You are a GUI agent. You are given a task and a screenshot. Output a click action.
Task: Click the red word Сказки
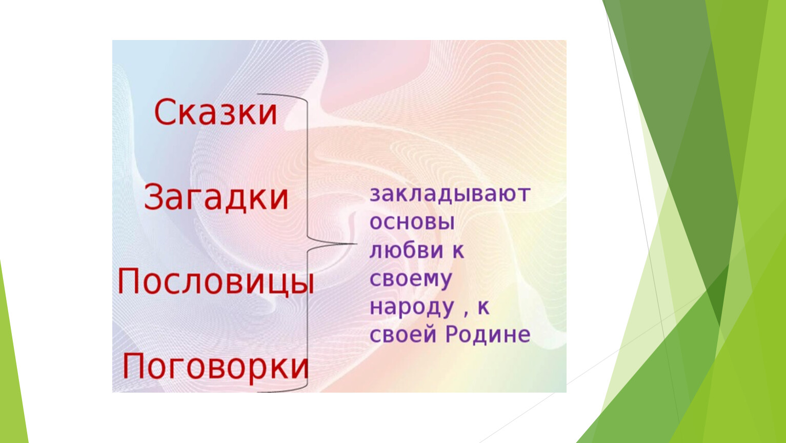216,112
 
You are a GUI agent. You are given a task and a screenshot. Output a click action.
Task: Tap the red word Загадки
216,197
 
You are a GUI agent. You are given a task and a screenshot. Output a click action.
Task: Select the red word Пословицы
216,282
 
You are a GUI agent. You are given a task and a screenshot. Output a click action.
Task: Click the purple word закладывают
450,194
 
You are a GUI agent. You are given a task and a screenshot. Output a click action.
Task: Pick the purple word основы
412,222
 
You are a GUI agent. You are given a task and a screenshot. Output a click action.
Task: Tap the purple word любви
407,250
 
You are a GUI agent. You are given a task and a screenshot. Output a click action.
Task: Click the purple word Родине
488,334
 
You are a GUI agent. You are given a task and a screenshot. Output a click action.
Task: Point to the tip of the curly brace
356,243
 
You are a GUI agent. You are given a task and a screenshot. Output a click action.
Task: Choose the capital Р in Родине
453,334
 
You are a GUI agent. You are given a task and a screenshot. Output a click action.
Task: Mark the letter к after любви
457,251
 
